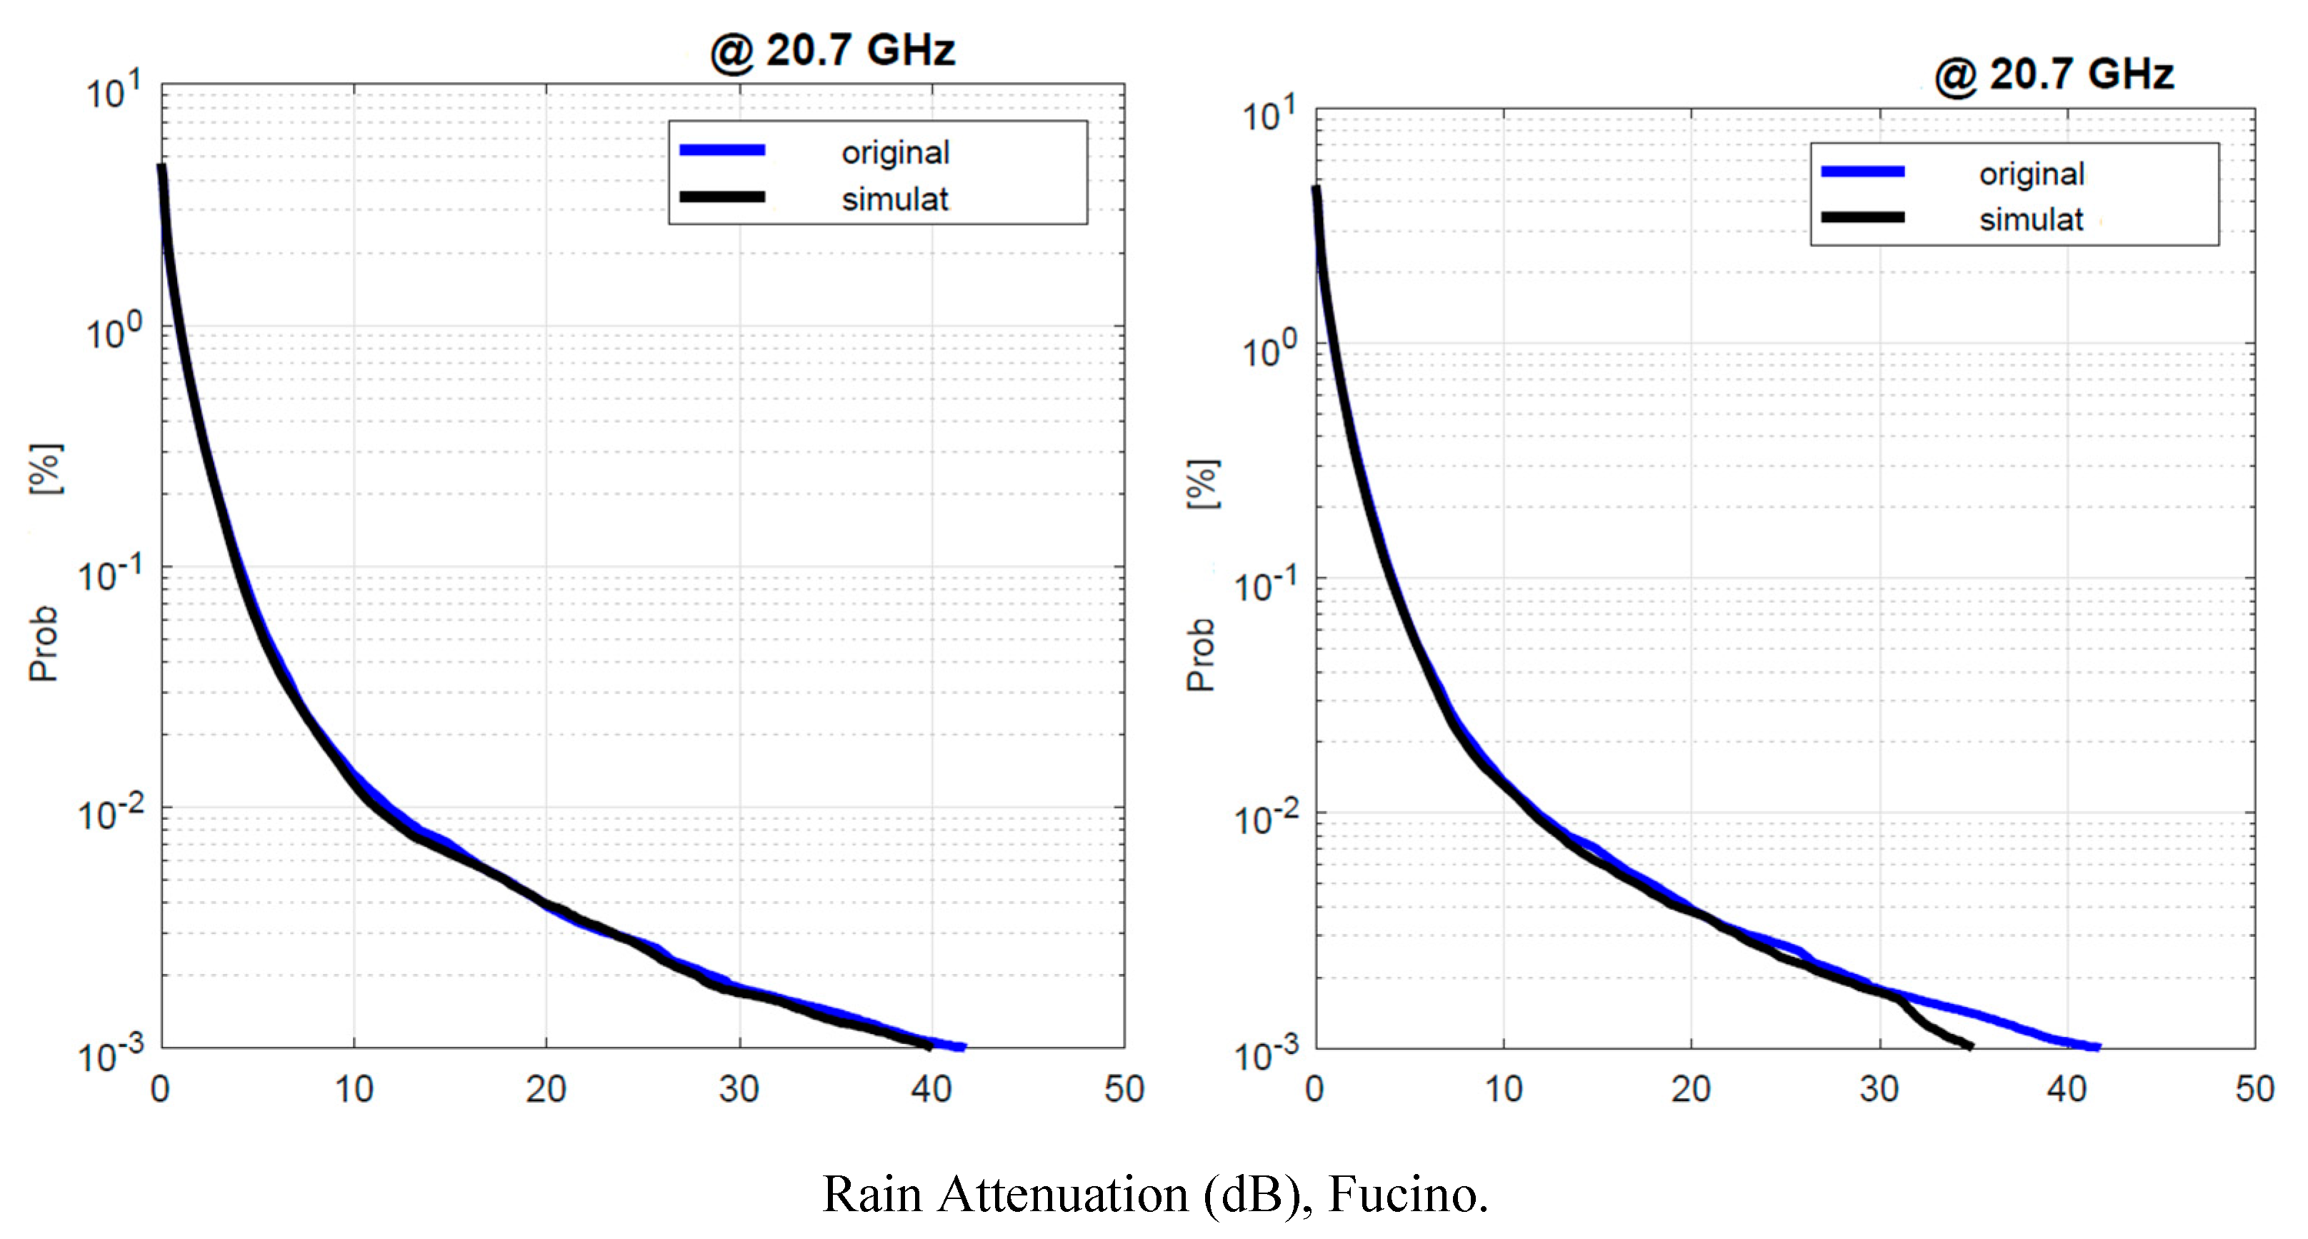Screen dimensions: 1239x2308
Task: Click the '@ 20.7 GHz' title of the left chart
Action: [832, 50]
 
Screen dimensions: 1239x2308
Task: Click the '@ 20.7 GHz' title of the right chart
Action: [2054, 74]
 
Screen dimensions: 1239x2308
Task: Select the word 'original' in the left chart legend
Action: [895, 154]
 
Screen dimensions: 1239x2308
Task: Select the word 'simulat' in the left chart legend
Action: [894, 199]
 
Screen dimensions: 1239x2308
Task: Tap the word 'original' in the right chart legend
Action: [2031, 174]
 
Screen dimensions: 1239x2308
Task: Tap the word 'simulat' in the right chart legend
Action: [2030, 219]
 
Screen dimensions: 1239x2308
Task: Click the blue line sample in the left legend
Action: [722, 151]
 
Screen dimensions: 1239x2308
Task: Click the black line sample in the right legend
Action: [1863, 218]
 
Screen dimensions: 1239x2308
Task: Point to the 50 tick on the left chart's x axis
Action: [1124, 1089]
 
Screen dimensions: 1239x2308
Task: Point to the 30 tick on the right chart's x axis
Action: [1879, 1089]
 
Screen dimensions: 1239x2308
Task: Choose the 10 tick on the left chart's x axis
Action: [354, 1089]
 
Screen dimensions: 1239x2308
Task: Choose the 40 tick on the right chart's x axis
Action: [2067, 1089]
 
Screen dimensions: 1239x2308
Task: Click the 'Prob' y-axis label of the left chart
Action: [43, 643]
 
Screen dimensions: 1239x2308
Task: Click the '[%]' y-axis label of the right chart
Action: [1202, 485]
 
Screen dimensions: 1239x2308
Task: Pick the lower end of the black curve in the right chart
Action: [1969, 1045]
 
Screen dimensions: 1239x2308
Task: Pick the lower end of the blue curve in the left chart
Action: [962, 1046]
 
